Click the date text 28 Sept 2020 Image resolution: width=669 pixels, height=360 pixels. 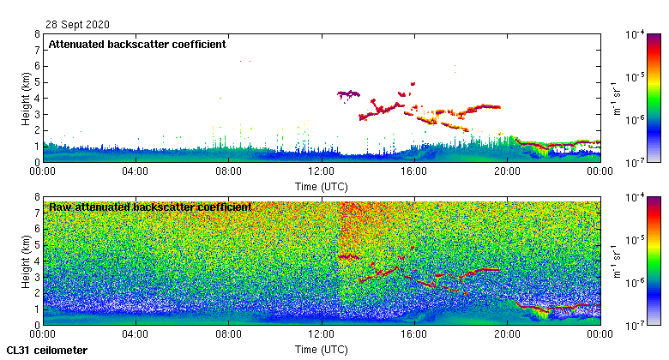point(77,25)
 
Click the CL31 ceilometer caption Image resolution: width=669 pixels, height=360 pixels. point(46,350)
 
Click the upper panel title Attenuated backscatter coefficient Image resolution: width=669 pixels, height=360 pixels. point(137,44)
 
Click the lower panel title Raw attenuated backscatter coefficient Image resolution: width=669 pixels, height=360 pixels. point(150,207)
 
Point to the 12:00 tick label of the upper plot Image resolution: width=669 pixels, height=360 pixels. point(321,171)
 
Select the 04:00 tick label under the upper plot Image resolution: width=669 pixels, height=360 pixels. point(136,171)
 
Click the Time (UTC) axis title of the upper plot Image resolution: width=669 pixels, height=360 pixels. point(321,186)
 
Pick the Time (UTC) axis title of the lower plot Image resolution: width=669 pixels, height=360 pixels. point(321,349)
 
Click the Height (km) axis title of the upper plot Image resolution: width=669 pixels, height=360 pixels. point(26,98)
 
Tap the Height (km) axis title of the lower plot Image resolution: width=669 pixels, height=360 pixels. point(26,261)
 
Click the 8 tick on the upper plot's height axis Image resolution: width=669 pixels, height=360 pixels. point(36,34)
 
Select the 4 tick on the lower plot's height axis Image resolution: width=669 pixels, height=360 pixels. point(36,261)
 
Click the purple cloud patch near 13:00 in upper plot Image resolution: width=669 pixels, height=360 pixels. point(348,93)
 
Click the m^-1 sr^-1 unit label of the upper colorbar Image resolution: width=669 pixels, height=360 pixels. point(615,98)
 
